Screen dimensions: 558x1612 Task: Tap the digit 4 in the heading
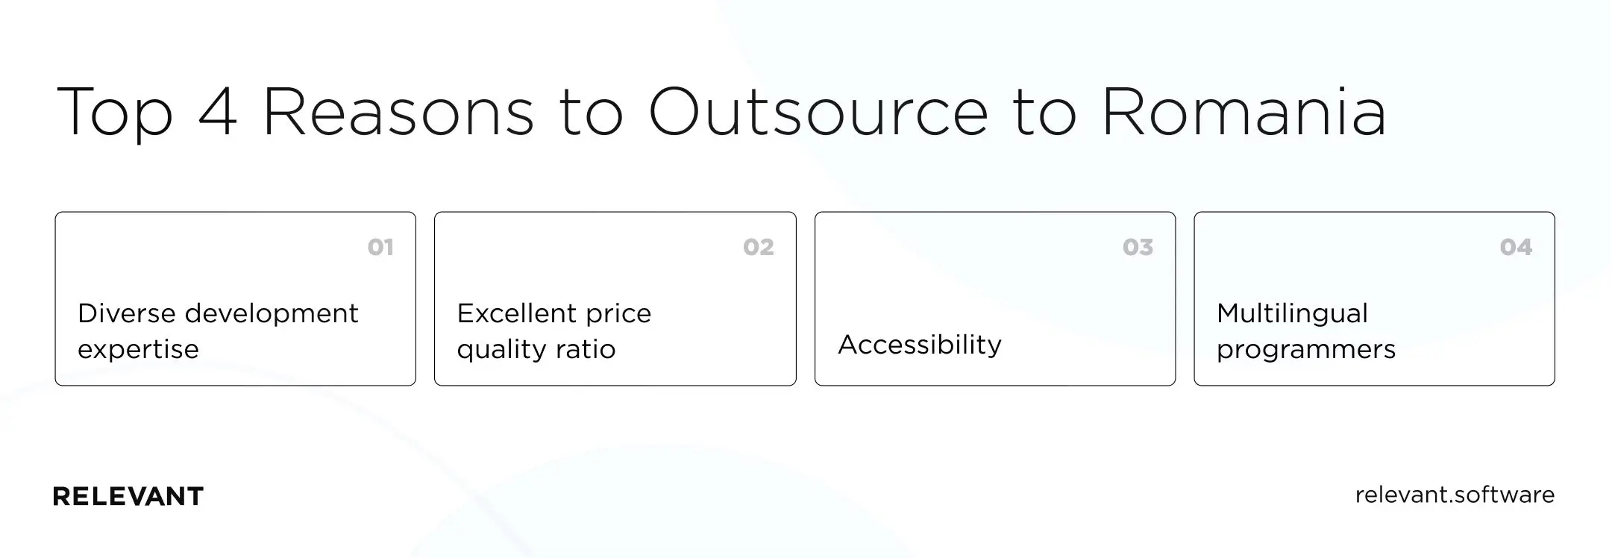point(218,112)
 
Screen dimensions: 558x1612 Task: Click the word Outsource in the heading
point(818,112)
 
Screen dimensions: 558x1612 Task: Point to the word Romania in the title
point(1244,112)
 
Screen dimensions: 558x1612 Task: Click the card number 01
point(380,247)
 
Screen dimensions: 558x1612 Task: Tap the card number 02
point(759,247)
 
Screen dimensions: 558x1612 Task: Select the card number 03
point(1138,247)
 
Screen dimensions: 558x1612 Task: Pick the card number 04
point(1516,247)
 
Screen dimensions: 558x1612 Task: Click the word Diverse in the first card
point(126,313)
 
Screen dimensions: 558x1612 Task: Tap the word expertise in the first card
point(138,350)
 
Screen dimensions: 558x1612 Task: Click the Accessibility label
point(920,345)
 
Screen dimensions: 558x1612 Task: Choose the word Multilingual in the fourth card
point(1292,314)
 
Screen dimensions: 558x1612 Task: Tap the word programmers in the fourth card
point(1305,350)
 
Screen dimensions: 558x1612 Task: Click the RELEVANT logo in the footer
point(128,496)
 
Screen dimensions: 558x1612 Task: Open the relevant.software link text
point(1455,495)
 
